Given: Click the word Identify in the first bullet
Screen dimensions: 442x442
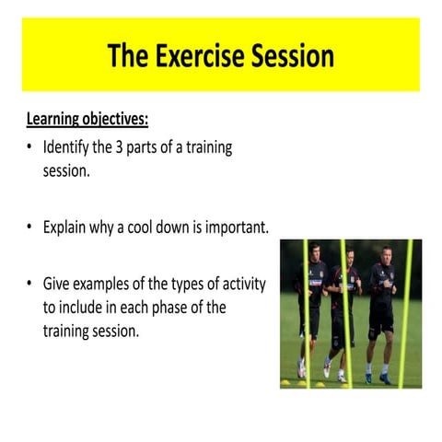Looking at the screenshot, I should tap(69, 148).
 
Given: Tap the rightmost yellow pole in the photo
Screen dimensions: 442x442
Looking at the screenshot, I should tap(404, 313).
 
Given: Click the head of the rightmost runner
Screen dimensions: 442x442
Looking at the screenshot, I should tap(382, 254).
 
